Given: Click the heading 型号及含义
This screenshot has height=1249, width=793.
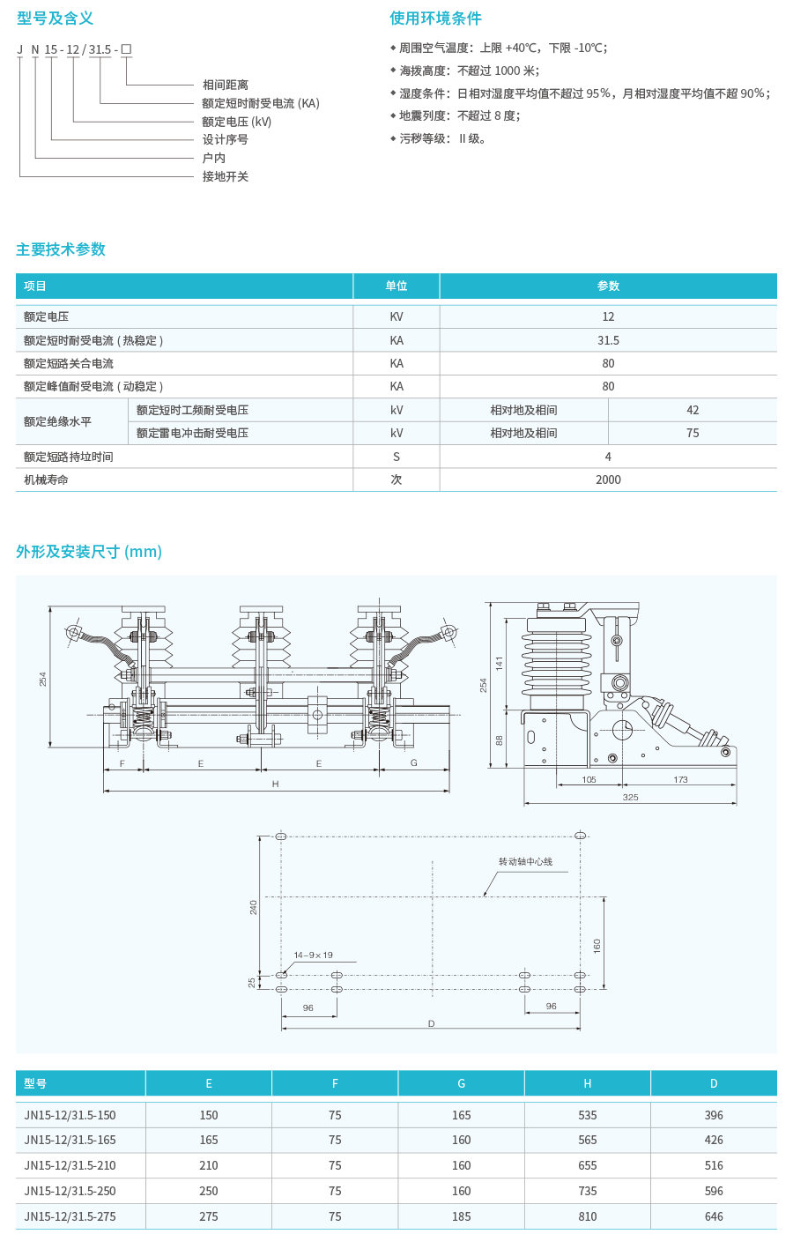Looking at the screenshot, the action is pos(55,19).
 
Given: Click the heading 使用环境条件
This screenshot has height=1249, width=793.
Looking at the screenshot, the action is pos(435,19).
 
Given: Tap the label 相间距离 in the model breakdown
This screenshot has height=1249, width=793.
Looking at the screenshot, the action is pos(226,85).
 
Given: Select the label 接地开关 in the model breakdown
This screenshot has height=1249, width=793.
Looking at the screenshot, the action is pos(226,177).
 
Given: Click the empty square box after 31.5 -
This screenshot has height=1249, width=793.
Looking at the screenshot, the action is pos(127,49).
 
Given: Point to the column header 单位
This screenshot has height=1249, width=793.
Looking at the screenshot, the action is pos(396,286).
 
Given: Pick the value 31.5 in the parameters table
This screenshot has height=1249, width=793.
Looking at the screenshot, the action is pos(608,340).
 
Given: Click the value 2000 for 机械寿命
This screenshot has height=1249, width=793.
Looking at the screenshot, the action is pos(608,480).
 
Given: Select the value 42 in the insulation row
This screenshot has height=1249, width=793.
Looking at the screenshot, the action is pos(693,410).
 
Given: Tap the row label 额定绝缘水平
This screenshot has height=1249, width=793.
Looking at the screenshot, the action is pos(57,421).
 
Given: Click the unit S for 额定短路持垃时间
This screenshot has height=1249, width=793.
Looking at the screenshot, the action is pos(396,457).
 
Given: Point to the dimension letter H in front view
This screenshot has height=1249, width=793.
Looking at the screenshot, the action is pos(275,784).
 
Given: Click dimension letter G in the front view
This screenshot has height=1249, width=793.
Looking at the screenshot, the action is pos(413,762).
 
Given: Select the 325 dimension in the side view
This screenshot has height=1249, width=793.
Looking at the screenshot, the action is pos(630,798).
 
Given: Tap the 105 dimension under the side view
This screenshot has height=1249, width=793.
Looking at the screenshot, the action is pos(589,779).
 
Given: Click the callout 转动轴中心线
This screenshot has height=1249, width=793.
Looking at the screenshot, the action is pos(525,861).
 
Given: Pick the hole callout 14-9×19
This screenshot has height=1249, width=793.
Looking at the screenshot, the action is pos(313,955).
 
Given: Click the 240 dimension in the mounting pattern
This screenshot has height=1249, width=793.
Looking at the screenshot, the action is pos(254,907).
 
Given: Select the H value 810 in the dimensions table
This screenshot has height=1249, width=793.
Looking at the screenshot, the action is pos(588,1216).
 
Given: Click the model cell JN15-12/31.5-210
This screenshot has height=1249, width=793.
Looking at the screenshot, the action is pos(70,1165).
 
